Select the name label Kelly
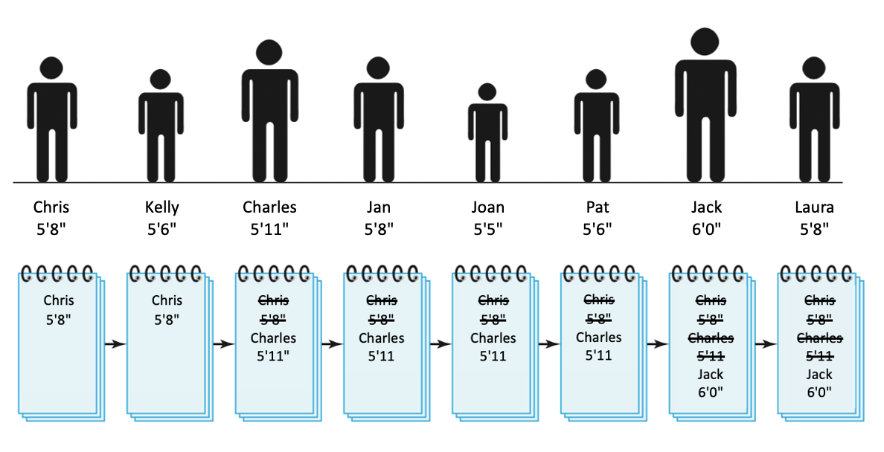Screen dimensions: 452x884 coord(162,207)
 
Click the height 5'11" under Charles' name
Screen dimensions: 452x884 coord(269,229)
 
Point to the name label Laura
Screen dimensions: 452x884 coord(814,207)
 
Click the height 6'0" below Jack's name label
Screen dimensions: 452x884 coord(705,229)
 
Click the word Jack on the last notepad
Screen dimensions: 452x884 coord(819,374)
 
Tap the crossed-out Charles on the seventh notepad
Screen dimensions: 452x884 coord(710,338)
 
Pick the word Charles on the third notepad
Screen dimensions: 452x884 coord(273,338)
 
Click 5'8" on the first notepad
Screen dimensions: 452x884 coord(59,320)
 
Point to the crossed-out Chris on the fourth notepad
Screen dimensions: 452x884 coord(382,301)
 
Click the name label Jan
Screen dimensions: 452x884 coord(379,207)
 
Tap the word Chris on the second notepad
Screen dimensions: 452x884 coord(167,301)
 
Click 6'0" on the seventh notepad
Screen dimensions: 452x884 coord(710,391)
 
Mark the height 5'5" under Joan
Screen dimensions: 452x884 coord(487,229)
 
